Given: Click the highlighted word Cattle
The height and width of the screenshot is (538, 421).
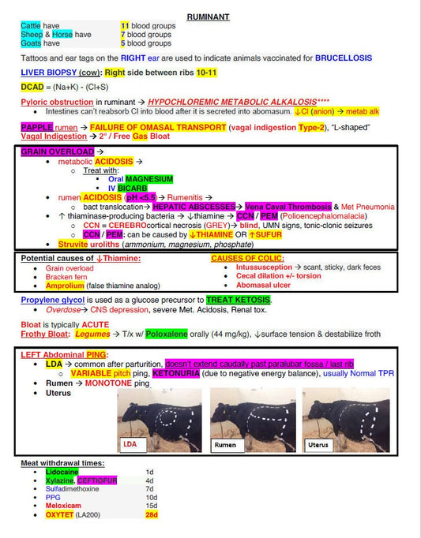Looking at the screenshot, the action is (31, 26).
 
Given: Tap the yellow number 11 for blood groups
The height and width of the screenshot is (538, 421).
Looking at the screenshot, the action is (124, 26).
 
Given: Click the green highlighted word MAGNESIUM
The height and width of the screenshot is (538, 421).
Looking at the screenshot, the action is (149, 179).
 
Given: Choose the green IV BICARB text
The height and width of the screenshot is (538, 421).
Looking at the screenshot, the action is (127, 188).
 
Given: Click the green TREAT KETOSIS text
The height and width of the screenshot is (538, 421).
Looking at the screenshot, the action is (238, 300).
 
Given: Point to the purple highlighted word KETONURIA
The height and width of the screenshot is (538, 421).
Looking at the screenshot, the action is (180, 373).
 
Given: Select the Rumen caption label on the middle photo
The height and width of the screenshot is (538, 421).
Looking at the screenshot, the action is (225, 445).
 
